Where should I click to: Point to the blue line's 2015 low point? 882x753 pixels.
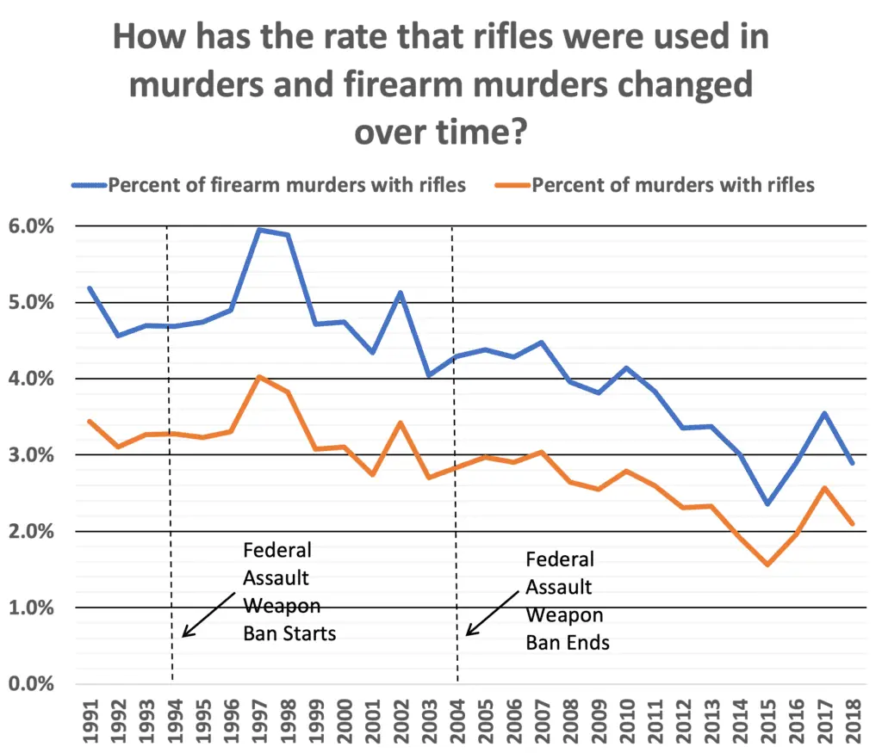(x=767, y=503)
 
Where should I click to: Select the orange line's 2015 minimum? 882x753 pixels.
(x=767, y=565)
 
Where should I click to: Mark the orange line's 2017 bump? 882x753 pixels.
(x=825, y=488)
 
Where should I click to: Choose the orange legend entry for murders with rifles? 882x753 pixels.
(x=673, y=185)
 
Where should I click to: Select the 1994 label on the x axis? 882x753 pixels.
(x=174, y=714)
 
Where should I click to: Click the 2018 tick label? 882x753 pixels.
(x=854, y=714)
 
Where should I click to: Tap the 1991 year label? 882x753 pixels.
(x=90, y=714)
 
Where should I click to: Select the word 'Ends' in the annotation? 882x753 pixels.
(x=588, y=642)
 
